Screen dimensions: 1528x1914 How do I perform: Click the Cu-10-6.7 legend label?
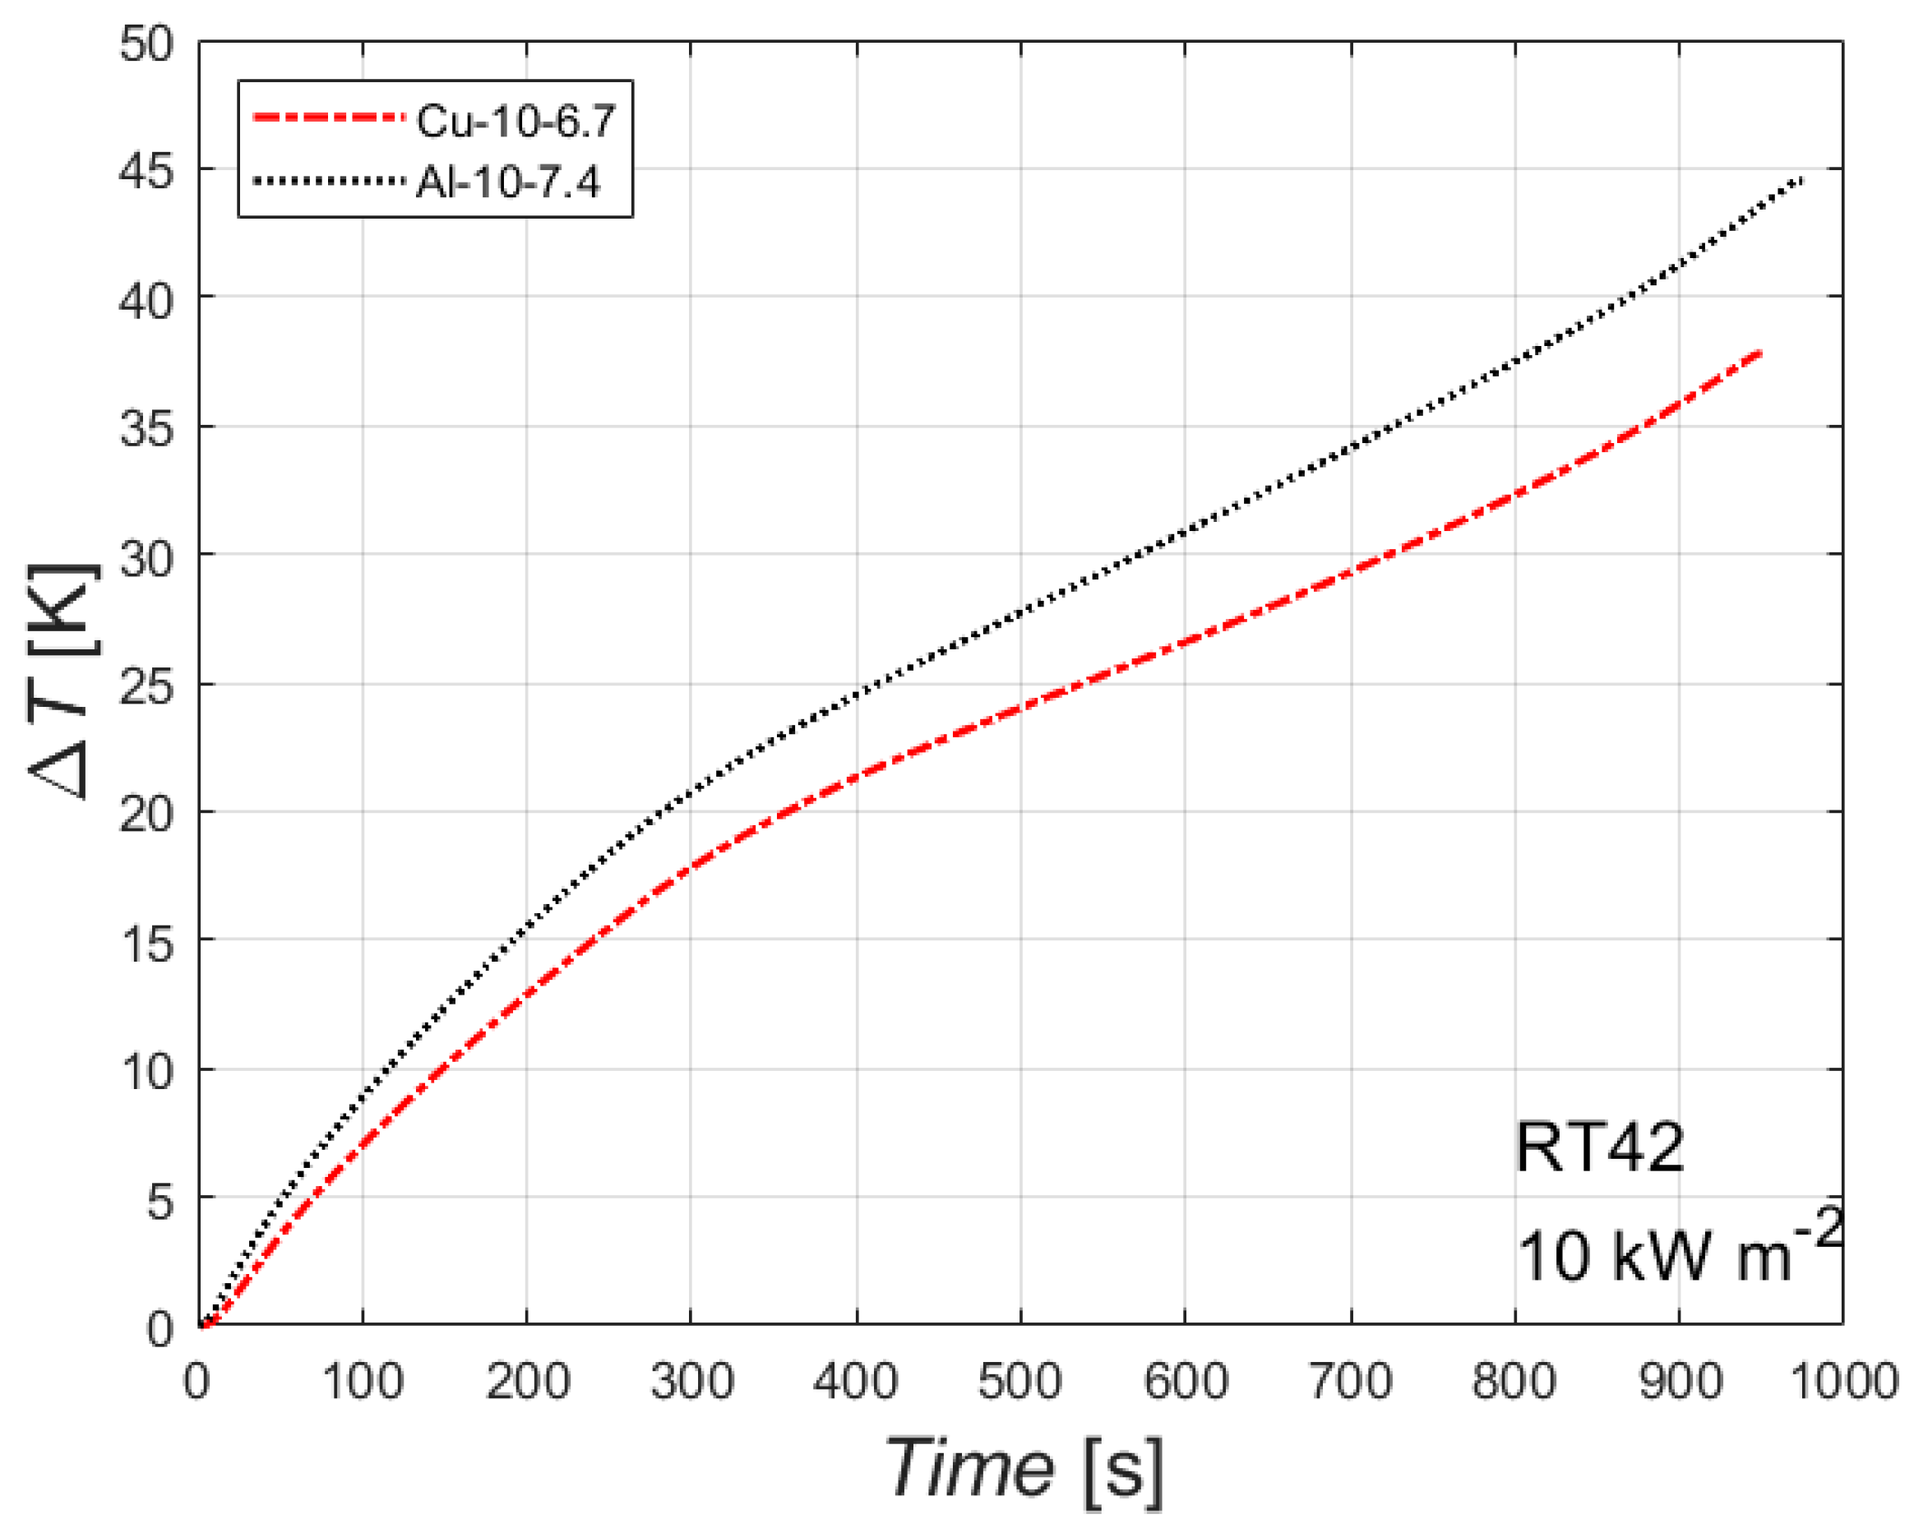click(515, 121)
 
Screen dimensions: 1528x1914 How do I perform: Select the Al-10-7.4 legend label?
click(508, 182)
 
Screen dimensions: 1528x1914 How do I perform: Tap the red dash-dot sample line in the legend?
click(329, 118)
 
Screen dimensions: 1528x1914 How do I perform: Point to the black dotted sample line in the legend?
click(329, 181)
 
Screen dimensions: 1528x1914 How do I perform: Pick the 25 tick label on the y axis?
click(146, 686)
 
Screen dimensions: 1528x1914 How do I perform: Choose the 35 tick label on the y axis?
click(146, 428)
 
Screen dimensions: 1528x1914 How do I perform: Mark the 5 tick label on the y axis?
click(159, 1203)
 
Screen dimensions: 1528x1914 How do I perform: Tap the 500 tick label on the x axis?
click(1020, 1383)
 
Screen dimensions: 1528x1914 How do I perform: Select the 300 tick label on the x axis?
click(691, 1383)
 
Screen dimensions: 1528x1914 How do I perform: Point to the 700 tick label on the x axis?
click(1351, 1383)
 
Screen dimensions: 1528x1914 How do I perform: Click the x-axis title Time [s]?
click(1024, 1469)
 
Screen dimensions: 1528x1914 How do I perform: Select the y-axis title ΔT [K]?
click(62, 681)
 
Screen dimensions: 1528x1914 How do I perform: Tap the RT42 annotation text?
click(1599, 1148)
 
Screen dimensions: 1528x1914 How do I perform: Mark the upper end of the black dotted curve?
click(1801, 181)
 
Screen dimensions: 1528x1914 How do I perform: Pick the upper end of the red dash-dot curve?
click(1759, 353)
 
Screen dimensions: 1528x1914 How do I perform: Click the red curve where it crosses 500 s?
click(1021, 707)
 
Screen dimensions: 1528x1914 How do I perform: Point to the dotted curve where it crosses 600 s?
click(1186, 533)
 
